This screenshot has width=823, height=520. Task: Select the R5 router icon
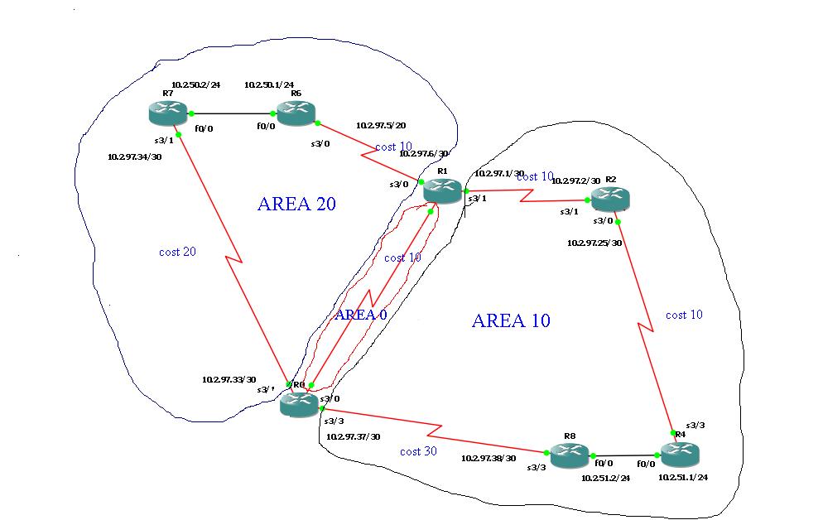296,113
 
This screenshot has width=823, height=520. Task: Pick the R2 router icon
609,199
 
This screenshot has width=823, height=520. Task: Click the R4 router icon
679,453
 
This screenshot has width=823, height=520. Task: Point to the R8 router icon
569,454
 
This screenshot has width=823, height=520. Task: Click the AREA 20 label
296,204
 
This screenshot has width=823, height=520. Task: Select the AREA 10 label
511,320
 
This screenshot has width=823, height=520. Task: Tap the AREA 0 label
360,314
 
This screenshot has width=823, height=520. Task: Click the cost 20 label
177,252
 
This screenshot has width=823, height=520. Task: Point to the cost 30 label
418,451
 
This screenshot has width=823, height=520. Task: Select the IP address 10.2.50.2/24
195,84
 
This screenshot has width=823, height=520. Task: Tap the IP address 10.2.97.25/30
594,243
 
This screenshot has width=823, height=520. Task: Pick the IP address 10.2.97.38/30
489,458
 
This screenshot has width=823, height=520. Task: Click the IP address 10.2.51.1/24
683,477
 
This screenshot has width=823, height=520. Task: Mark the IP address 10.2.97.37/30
354,436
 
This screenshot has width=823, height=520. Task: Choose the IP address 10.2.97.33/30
229,379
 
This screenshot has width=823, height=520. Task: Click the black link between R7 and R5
233,113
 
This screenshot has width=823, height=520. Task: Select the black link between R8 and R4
624,455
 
